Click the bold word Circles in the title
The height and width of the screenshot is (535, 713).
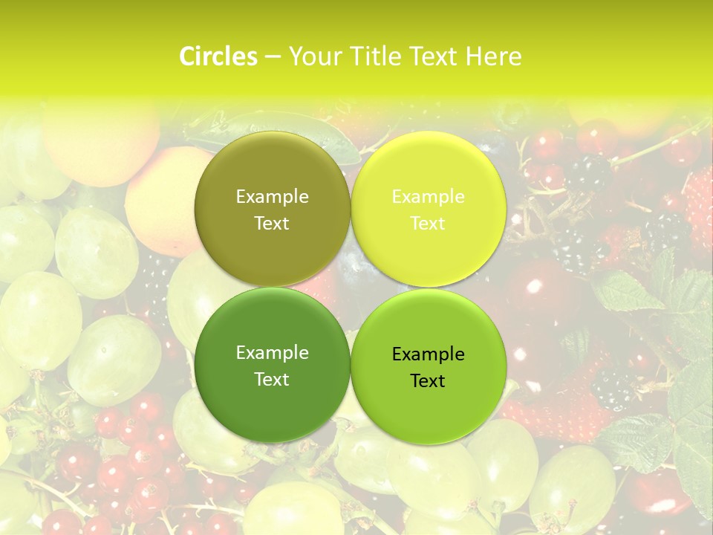pyautogui.click(x=218, y=56)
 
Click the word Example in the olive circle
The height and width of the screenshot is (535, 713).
pyautogui.click(x=272, y=197)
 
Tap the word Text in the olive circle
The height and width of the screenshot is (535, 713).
pyautogui.click(x=272, y=224)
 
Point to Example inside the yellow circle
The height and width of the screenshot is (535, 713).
pyautogui.click(x=428, y=197)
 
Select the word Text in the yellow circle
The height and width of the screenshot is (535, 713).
pyautogui.click(x=428, y=224)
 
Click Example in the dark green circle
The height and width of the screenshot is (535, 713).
pyautogui.click(x=272, y=353)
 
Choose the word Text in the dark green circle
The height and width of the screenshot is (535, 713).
pyautogui.click(x=272, y=380)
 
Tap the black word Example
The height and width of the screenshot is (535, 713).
pyautogui.click(x=428, y=354)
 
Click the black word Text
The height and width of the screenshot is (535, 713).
pyautogui.click(x=428, y=381)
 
